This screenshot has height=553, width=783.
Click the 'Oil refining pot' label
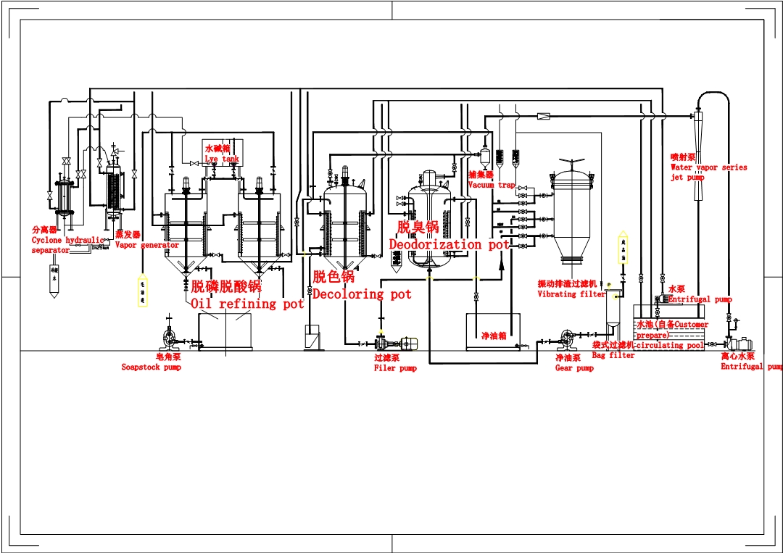point(246,304)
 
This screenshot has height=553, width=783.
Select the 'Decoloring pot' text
point(361,294)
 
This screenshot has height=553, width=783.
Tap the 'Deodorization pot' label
point(449,245)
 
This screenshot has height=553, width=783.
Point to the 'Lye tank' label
point(221,159)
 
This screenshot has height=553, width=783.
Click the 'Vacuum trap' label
point(492,185)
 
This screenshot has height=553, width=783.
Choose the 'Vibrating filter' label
point(571,294)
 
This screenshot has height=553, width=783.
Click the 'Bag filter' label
point(613,355)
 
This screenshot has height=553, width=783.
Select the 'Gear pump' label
point(574,368)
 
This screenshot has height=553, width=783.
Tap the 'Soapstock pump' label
point(151,367)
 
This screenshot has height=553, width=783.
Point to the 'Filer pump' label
point(395,368)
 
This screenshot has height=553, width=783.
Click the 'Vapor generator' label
point(146,245)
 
